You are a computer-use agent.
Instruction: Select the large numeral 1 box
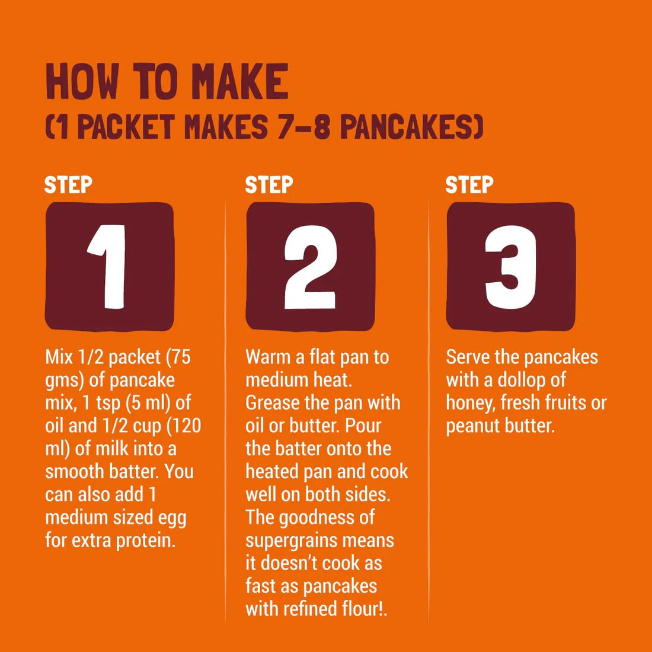[109, 266]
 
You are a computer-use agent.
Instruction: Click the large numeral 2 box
[310, 266]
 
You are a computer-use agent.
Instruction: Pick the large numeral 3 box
[510, 266]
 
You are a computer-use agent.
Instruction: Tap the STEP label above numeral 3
[469, 184]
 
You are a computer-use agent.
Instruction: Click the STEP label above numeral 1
[68, 184]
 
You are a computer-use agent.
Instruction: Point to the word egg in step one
[172, 517]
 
